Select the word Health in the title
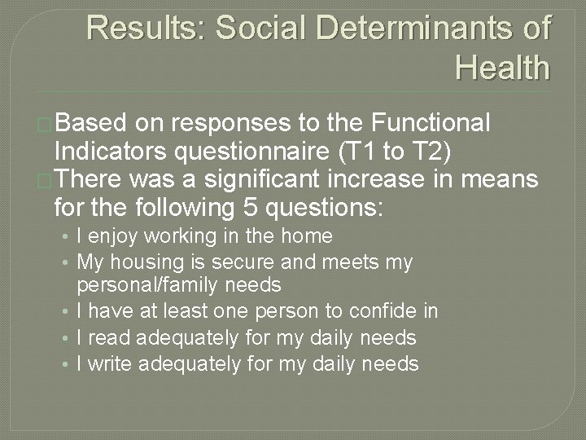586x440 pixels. [502, 67]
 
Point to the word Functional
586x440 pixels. [430, 124]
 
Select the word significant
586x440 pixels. [294, 178]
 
